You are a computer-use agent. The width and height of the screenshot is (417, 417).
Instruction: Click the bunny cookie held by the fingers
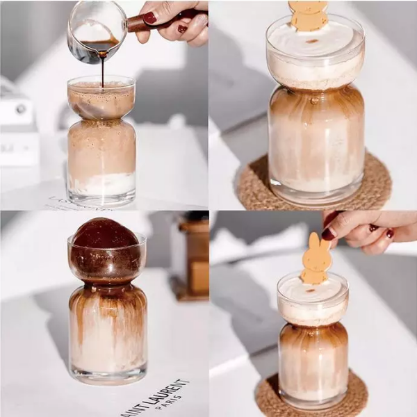[x=316, y=261]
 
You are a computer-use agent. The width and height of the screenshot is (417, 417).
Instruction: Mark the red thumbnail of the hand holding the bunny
[x=328, y=234]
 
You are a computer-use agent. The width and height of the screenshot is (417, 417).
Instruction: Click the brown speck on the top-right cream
[x=312, y=41]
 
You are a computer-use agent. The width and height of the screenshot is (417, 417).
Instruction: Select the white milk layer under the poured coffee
[x=102, y=184]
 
